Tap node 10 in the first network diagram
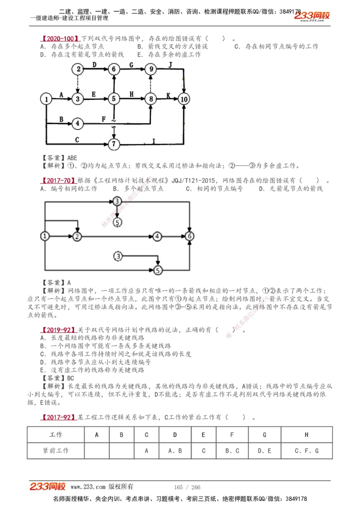tap(184, 99)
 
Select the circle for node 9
tap(151, 69)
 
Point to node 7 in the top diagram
tap(114, 144)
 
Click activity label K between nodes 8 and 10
tap(168, 95)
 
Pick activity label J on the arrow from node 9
tap(171, 65)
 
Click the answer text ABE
tap(72, 158)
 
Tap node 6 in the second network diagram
tap(190, 236)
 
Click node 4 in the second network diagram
tap(157, 236)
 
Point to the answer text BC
tap(71, 378)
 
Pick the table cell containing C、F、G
tap(306, 450)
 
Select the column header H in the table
tap(306, 435)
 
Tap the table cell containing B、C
tap(232, 450)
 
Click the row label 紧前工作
tap(56, 450)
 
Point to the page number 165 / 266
tap(187, 487)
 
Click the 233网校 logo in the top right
tap(312, 16)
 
